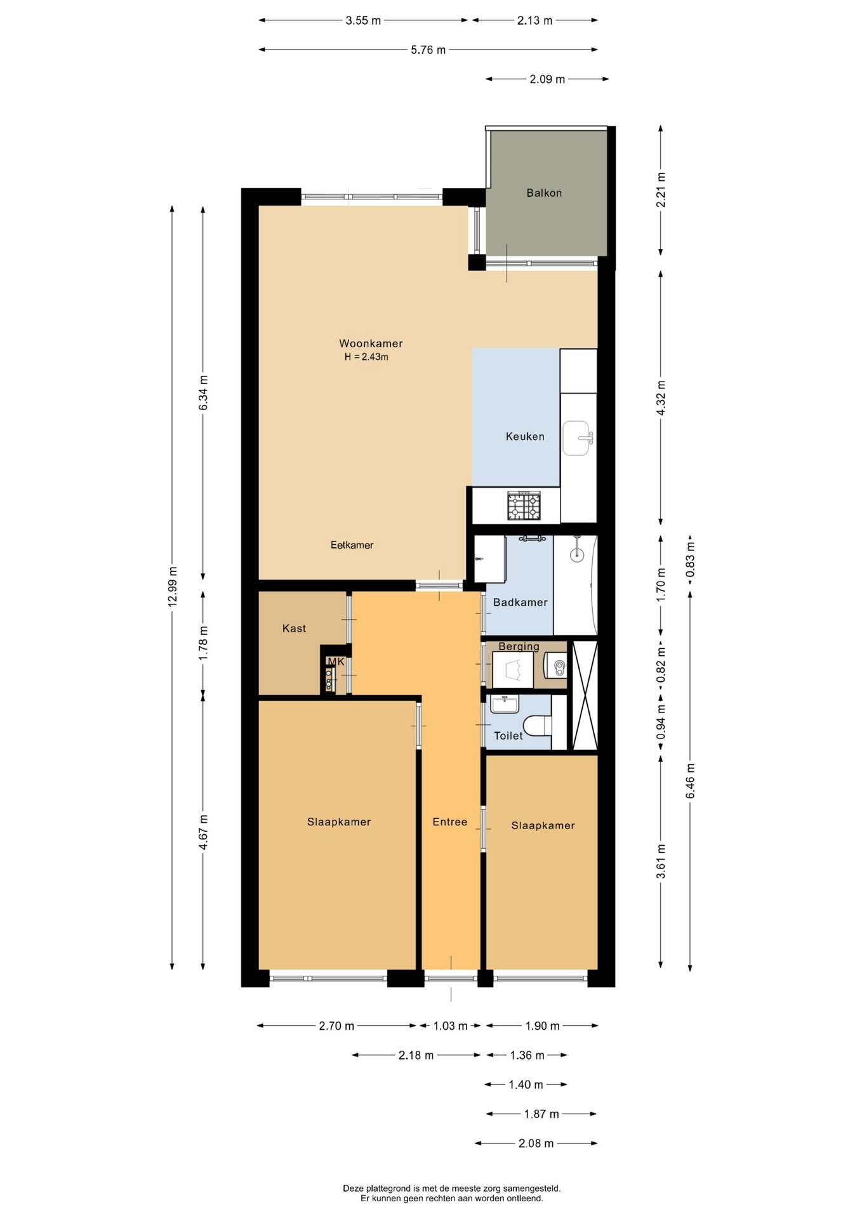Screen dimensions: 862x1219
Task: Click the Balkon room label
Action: [544, 193]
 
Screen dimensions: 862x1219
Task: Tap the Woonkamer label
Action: [371, 343]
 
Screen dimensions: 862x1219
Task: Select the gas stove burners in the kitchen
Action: [524, 505]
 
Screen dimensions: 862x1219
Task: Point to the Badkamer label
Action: [520, 603]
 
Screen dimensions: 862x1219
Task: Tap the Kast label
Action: [294, 629]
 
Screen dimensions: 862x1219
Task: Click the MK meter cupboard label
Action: [336, 662]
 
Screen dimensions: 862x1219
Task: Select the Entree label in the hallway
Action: [449, 822]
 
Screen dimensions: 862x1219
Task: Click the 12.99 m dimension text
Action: [173, 586]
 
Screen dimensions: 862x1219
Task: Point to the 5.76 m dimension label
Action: [428, 50]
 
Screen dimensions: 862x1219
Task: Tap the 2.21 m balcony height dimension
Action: [661, 189]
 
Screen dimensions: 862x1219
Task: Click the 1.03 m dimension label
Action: [450, 1026]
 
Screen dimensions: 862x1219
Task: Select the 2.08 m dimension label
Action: [536, 1143]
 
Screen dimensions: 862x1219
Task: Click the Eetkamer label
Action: [352, 545]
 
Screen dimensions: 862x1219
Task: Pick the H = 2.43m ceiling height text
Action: [366, 357]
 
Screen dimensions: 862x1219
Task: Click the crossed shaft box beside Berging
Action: [585, 696]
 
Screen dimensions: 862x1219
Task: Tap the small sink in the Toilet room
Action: [505, 703]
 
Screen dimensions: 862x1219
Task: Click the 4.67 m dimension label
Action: [203, 832]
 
